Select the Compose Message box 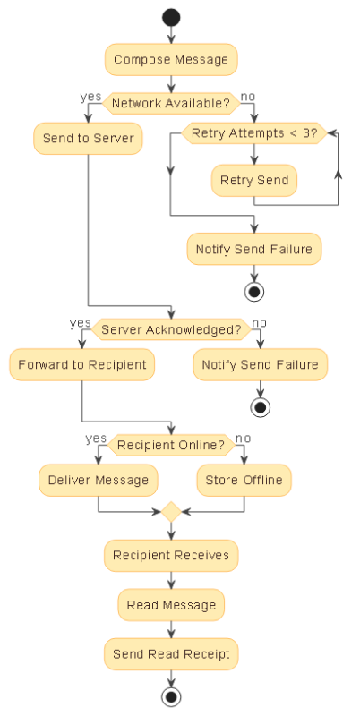[x=170, y=61]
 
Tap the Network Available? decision [x=170, y=103]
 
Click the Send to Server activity [x=88, y=139]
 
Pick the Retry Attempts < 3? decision [x=254, y=133]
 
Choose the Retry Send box [x=254, y=180]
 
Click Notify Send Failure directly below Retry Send [x=254, y=249]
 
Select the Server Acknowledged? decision [x=170, y=329]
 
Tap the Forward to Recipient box [x=81, y=365]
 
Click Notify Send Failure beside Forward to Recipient [x=260, y=365]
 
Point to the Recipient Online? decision [x=170, y=445]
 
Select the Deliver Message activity [x=99, y=480]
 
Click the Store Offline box [x=244, y=480]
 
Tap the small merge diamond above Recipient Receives [x=170, y=513]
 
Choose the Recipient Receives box [x=170, y=555]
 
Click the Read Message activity [x=170, y=605]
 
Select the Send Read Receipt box [x=170, y=654]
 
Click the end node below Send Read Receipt [x=170, y=697]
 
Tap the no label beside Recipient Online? [x=242, y=438]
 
